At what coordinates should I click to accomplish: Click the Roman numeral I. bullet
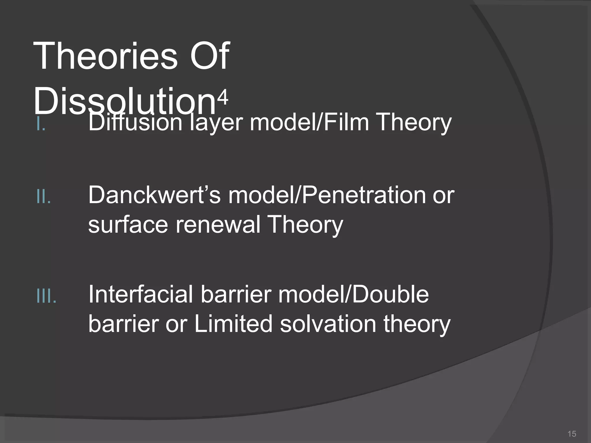[41, 125]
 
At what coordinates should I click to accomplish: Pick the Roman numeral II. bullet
[44, 197]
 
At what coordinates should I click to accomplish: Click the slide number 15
[571, 433]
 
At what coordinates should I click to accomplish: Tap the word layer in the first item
[215, 123]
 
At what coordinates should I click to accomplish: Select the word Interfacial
[140, 294]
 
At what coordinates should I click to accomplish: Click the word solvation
[328, 324]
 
